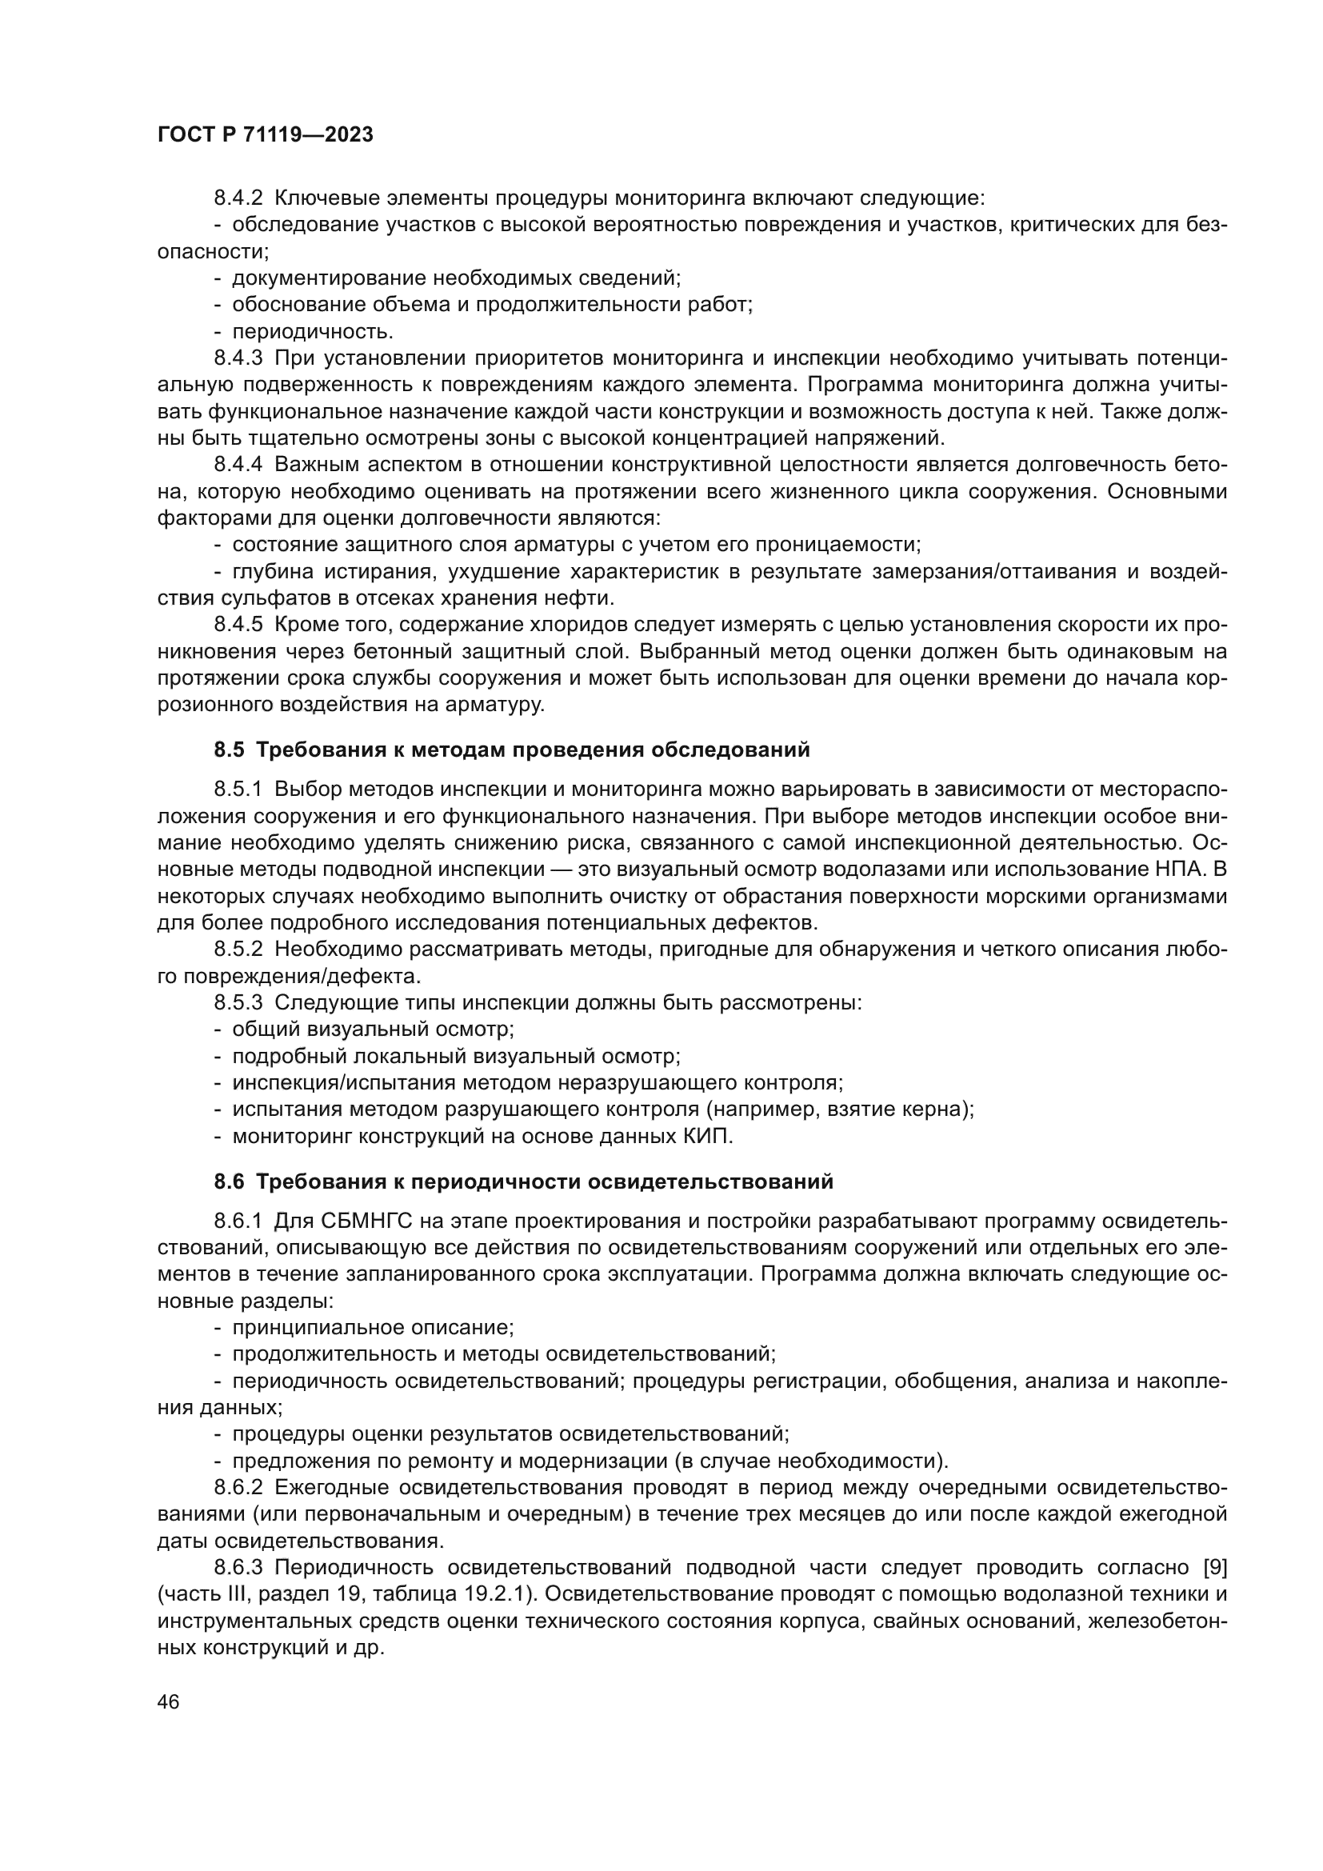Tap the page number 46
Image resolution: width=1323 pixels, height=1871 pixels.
[169, 1701]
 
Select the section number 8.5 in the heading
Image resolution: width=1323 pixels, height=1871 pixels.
[229, 750]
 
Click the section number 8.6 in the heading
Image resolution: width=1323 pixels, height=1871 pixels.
[229, 1181]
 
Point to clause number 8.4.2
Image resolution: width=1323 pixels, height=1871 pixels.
[238, 198]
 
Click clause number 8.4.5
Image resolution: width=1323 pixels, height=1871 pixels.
[238, 625]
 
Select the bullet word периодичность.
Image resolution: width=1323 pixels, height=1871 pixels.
[313, 332]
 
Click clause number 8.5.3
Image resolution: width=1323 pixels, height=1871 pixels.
[238, 1002]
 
